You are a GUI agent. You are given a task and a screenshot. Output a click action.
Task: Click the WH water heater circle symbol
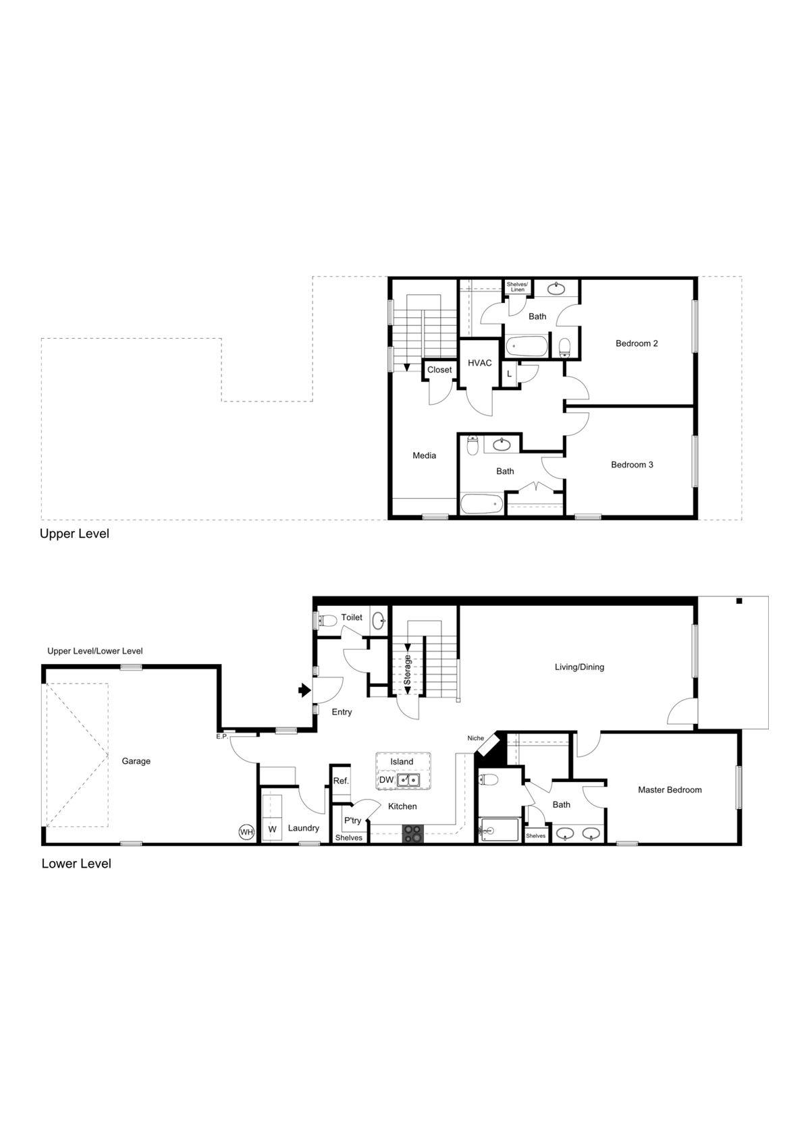pos(246,832)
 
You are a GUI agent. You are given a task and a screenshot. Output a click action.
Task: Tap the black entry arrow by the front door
pos(304,690)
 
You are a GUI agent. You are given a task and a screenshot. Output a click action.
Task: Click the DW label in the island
pos(386,780)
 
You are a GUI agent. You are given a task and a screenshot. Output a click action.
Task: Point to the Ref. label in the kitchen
pos(341,781)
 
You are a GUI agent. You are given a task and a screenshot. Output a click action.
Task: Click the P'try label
pos(352,820)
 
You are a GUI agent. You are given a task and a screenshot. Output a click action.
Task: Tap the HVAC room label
pos(480,363)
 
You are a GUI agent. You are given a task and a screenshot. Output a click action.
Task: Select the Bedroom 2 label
pos(637,343)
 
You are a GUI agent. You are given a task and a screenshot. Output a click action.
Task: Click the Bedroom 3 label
pos(632,465)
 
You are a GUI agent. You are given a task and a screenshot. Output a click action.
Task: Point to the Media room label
pos(424,455)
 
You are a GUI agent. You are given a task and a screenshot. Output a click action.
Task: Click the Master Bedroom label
pos(670,790)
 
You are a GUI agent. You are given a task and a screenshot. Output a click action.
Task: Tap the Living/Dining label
pos(579,667)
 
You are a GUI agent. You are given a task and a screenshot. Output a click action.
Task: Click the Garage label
pos(136,761)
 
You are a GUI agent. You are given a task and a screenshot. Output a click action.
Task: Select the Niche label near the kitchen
pos(476,738)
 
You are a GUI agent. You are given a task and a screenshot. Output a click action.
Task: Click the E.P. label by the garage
pos(221,736)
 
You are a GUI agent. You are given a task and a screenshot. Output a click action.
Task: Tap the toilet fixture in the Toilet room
pos(327,620)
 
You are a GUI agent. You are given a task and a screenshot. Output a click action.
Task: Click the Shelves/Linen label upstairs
pos(517,287)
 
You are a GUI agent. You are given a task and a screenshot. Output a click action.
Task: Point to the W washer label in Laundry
pos(272,829)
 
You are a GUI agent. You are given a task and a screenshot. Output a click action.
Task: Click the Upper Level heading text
pos(74,534)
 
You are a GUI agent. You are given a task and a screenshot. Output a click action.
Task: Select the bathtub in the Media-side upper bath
pos(481,504)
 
